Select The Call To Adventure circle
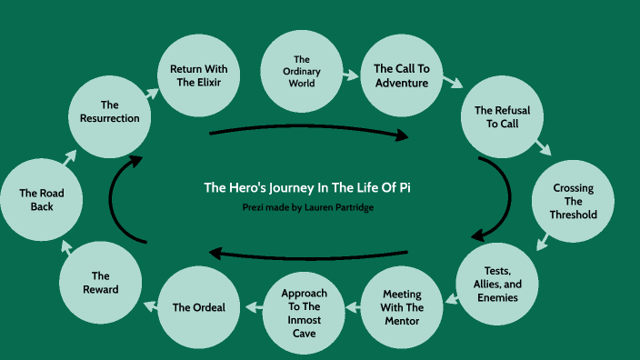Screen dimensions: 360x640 401,75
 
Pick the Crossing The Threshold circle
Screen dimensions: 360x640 575,201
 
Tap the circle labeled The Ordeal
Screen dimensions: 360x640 199,306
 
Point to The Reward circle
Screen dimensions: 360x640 100,283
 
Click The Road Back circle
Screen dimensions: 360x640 41,199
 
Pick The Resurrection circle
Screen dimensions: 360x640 109,111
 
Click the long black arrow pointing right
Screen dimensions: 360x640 309,134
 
